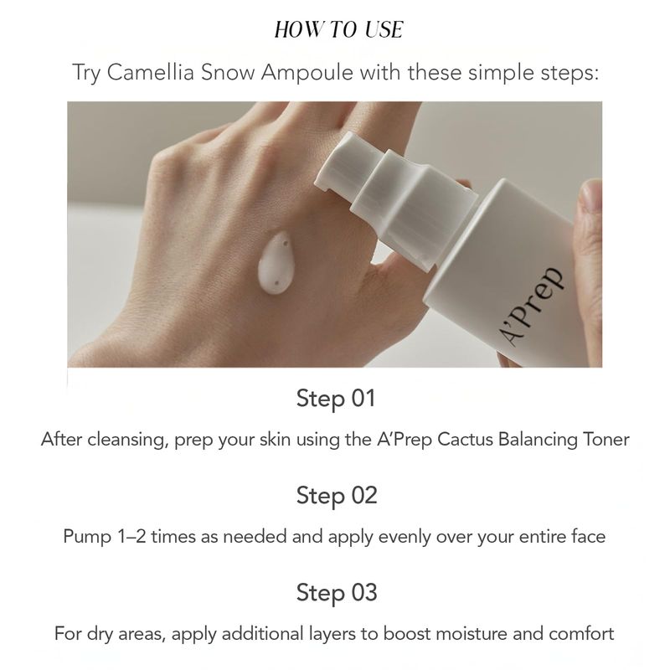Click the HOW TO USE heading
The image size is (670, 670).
point(338,30)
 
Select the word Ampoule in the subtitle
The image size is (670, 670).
point(307,73)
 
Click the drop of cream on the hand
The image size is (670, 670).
point(275,263)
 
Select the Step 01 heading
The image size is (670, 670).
point(336,399)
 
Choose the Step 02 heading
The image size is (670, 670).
point(337,496)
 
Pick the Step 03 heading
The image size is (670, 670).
point(337,593)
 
